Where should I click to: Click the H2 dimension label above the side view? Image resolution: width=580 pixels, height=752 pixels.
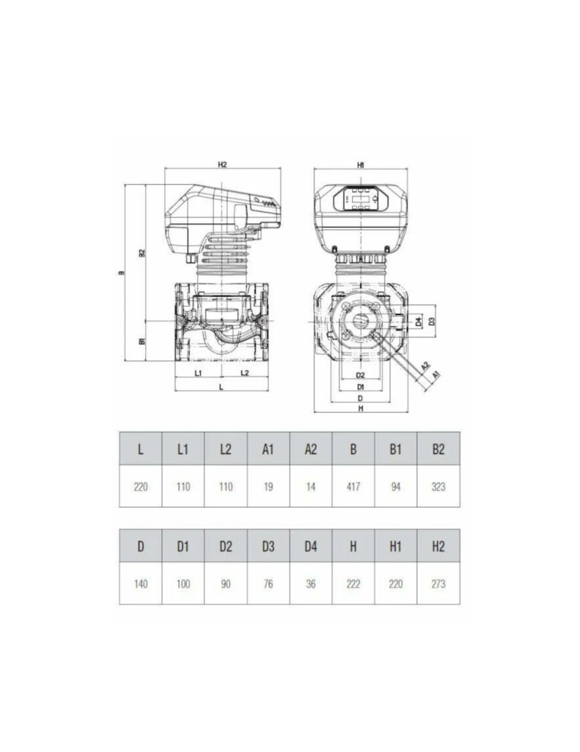coord(222,163)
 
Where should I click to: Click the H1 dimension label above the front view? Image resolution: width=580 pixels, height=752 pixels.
coord(361,163)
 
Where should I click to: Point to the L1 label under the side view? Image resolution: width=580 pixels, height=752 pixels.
coord(198,372)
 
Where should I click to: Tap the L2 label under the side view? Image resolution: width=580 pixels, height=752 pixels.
coord(244,372)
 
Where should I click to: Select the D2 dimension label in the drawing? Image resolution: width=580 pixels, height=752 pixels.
coord(360,374)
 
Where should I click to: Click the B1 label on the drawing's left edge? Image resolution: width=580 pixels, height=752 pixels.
coord(141,341)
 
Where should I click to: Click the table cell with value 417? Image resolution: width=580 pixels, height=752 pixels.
coord(354,487)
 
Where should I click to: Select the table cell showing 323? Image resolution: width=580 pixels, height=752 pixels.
coord(439,487)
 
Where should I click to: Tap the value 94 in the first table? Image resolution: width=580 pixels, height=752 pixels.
coord(396,487)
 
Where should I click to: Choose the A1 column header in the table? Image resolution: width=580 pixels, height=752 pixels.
coord(268,449)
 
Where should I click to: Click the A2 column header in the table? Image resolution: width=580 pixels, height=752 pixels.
coord(311,449)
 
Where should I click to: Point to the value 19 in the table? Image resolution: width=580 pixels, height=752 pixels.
coord(268,487)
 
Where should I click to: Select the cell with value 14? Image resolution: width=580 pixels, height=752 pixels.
coord(311,487)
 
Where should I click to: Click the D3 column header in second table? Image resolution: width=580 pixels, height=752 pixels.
coord(268,547)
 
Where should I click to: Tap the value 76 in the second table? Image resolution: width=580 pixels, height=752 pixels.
coord(268,584)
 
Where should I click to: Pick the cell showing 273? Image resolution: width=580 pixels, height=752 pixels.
coord(439,584)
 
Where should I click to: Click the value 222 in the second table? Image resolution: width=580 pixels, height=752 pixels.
coord(354,584)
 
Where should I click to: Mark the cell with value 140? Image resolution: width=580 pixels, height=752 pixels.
coord(141,584)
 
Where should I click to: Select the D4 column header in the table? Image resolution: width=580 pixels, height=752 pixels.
coord(311,547)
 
